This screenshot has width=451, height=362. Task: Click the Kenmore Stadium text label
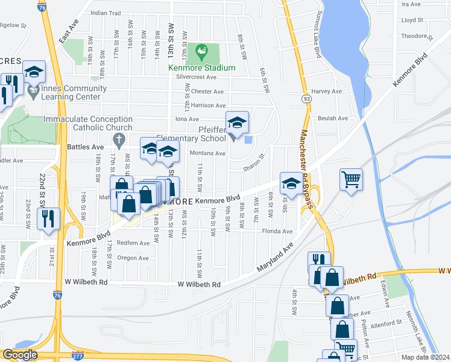point(201,68)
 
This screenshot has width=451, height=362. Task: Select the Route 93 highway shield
point(307,98)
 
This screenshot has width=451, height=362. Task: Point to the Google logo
point(19,355)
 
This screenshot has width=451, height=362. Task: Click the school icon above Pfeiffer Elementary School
point(238,122)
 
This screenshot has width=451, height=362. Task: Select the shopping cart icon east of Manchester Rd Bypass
point(351,179)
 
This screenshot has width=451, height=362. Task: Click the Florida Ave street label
point(277,231)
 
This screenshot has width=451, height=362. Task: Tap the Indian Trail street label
point(106,13)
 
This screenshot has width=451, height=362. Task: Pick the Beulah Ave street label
point(337,119)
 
